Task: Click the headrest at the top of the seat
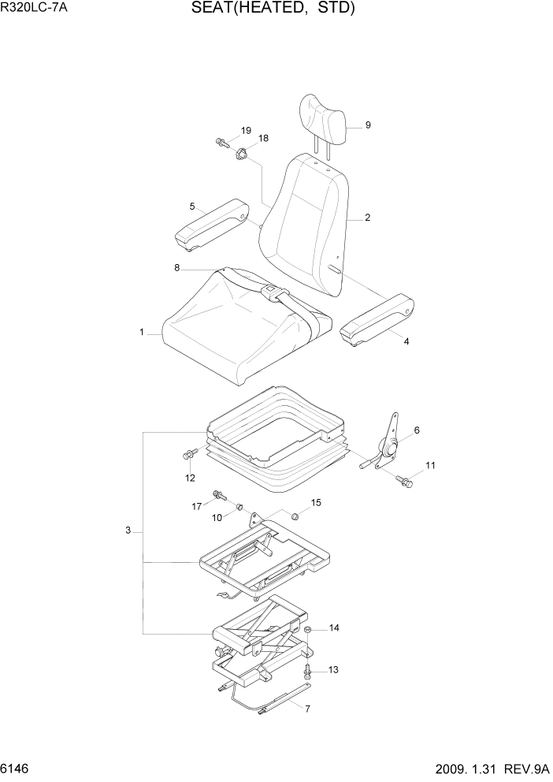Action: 323,120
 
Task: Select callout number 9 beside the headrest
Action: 368,125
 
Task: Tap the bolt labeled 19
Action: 221,143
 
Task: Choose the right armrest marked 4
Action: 379,319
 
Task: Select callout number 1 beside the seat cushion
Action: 142,333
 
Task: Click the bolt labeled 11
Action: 405,480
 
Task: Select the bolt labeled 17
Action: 219,497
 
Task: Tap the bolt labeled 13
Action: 308,671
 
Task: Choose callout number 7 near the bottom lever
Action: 307,709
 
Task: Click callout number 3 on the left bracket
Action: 128,531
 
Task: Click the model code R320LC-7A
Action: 34,9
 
